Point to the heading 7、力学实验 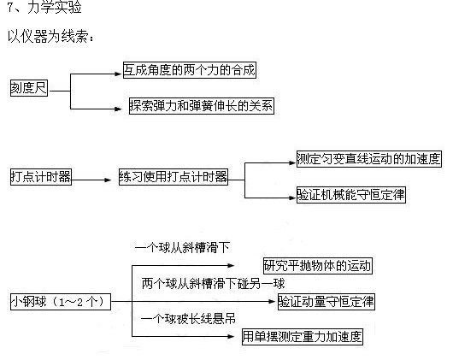(x=44, y=7)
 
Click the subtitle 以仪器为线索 (x=50, y=37)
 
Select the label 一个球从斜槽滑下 (x=182, y=248)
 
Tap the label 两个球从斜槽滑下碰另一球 (x=213, y=283)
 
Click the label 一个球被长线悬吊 (x=188, y=319)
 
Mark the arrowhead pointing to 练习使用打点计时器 (x=108, y=180)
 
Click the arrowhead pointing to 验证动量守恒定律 (x=272, y=302)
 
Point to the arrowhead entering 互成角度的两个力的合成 (x=118, y=74)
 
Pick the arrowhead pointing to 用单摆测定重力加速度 (x=231, y=336)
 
